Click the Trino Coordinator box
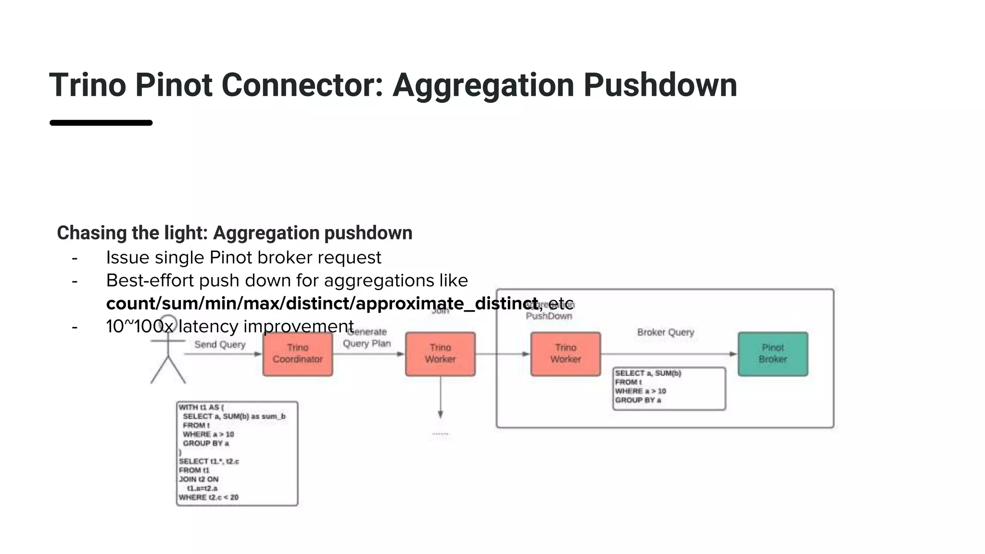(297, 353)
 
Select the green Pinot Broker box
(772, 353)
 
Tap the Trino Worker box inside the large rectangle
(565, 353)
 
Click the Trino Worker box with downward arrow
(440, 353)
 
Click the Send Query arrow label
(220, 344)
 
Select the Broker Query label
(665, 332)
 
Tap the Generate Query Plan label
(367, 338)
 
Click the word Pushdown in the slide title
(660, 85)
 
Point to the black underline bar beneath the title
(101, 123)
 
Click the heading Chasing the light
(132, 233)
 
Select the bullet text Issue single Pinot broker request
(243, 257)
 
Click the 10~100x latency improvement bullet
(229, 327)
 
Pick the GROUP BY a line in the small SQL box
(638, 400)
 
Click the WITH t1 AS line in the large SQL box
(201, 407)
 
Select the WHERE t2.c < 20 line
(208, 497)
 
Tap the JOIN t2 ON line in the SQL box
(199, 479)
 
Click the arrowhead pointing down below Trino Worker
(440, 414)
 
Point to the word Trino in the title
(88, 85)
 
